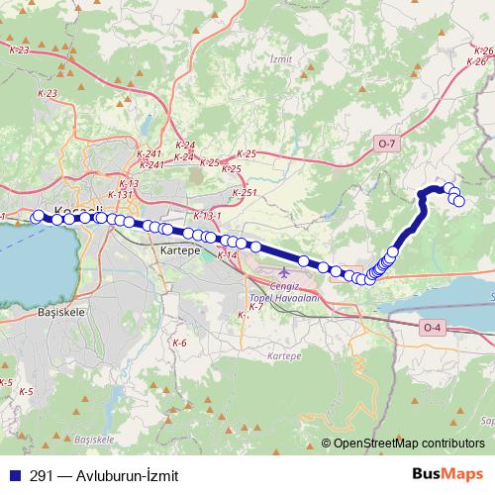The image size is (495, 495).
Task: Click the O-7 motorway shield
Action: pyautogui.click(x=386, y=145)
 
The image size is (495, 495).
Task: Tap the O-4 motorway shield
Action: pyautogui.click(x=431, y=327)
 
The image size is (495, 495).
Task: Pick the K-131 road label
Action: pyautogui.click(x=120, y=195)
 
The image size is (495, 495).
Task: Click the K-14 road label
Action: pyautogui.click(x=228, y=255)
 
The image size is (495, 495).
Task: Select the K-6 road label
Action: pyautogui.click(x=179, y=343)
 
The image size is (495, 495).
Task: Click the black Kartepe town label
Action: pyautogui.click(x=179, y=252)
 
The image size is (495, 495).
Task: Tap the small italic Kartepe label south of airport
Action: pyautogui.click(x=283, y=353)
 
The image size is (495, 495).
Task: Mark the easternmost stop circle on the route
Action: pyautogui.click(x=459, y=201)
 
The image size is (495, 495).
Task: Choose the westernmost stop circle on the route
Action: pyautogui.click(x=39, y=217)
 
